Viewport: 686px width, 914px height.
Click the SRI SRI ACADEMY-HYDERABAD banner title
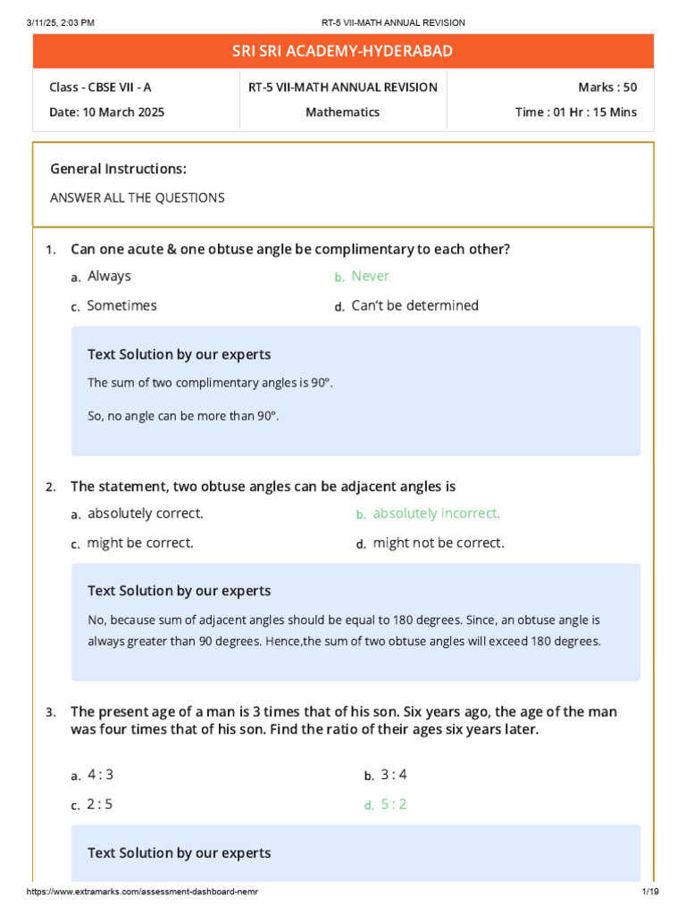[x=343, y=52]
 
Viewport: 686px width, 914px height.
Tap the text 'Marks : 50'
[x=607, y=87]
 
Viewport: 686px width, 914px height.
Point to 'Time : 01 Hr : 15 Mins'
[x=576, y=112]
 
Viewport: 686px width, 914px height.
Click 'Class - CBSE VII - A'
[x=100, y=87]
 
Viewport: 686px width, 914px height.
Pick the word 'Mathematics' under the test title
[x=343, y=112]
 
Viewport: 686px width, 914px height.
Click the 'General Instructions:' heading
[x=118, y=169]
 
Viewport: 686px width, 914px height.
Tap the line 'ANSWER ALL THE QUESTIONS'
[x=137, y=198]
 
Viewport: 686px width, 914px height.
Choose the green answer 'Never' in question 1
[x=370, y=277]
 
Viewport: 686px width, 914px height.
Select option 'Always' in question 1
[x=109, y=277]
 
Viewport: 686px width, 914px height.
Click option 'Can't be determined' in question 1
[x=414, y=306]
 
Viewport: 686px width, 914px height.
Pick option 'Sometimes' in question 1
[x=121, y=306]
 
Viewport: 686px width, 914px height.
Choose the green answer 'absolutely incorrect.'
[x=436, y=514]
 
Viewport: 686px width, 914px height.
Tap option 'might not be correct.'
[x=439, y=543]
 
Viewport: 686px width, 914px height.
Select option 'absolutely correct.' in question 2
[x=146, y=514]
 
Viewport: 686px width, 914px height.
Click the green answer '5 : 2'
[x=394, y=804]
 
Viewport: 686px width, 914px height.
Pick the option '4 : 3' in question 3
[x=101, y=775]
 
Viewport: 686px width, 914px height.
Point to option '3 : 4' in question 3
[x=394, y=775]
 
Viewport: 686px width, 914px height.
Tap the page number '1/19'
[x=648, y=893]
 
